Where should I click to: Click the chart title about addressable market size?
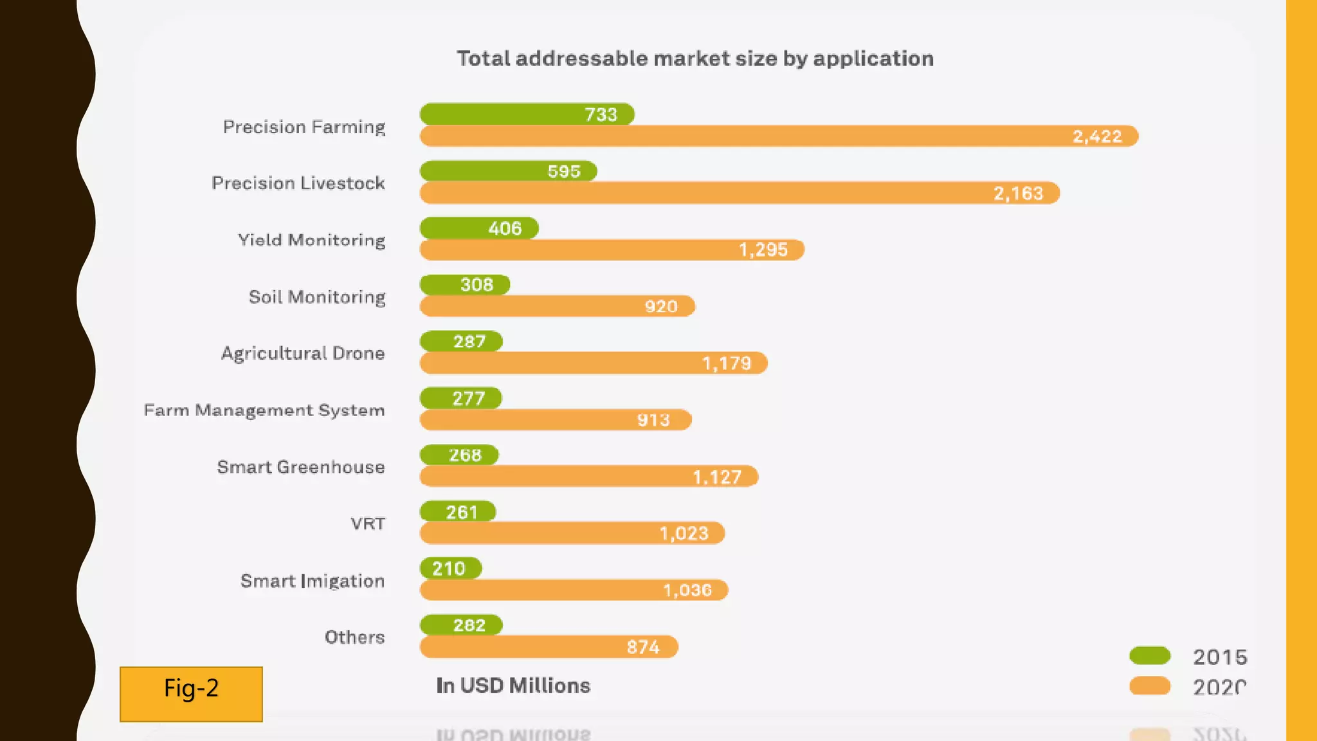pos(695,59)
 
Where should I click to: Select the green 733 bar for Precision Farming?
pos(526,114)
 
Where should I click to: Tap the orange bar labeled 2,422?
pos(778,136)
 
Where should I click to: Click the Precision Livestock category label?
pos(298,183)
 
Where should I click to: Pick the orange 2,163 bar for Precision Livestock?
pos(740,193)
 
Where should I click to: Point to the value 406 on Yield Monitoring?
pos(505,228)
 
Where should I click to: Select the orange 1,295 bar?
pos(611,250)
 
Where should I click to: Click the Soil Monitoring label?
pos(317,297)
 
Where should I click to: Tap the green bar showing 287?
pos(461,341)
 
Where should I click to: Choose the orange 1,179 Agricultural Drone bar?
pos(593,363)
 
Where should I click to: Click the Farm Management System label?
pos(264,410)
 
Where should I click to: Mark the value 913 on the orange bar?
pos(653,420)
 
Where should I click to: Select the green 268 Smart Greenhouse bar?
pos(459,455)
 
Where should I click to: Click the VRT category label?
pos(368,524)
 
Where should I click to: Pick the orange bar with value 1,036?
pos(574,590)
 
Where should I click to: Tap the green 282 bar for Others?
pos(461,625)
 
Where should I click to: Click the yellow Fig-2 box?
pos(191,693)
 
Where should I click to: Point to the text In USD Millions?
pos(513,686)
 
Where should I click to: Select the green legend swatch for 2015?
pos(1150,656)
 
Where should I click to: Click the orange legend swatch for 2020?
pos(1150,686)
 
